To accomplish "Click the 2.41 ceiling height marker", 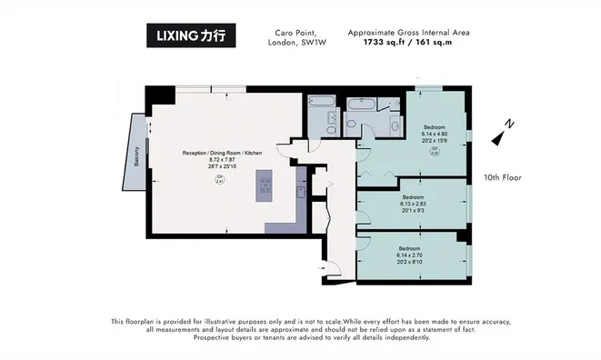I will coord(219,180).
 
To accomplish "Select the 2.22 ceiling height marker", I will coord(435,152).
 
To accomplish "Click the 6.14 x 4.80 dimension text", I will coord(436,134).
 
